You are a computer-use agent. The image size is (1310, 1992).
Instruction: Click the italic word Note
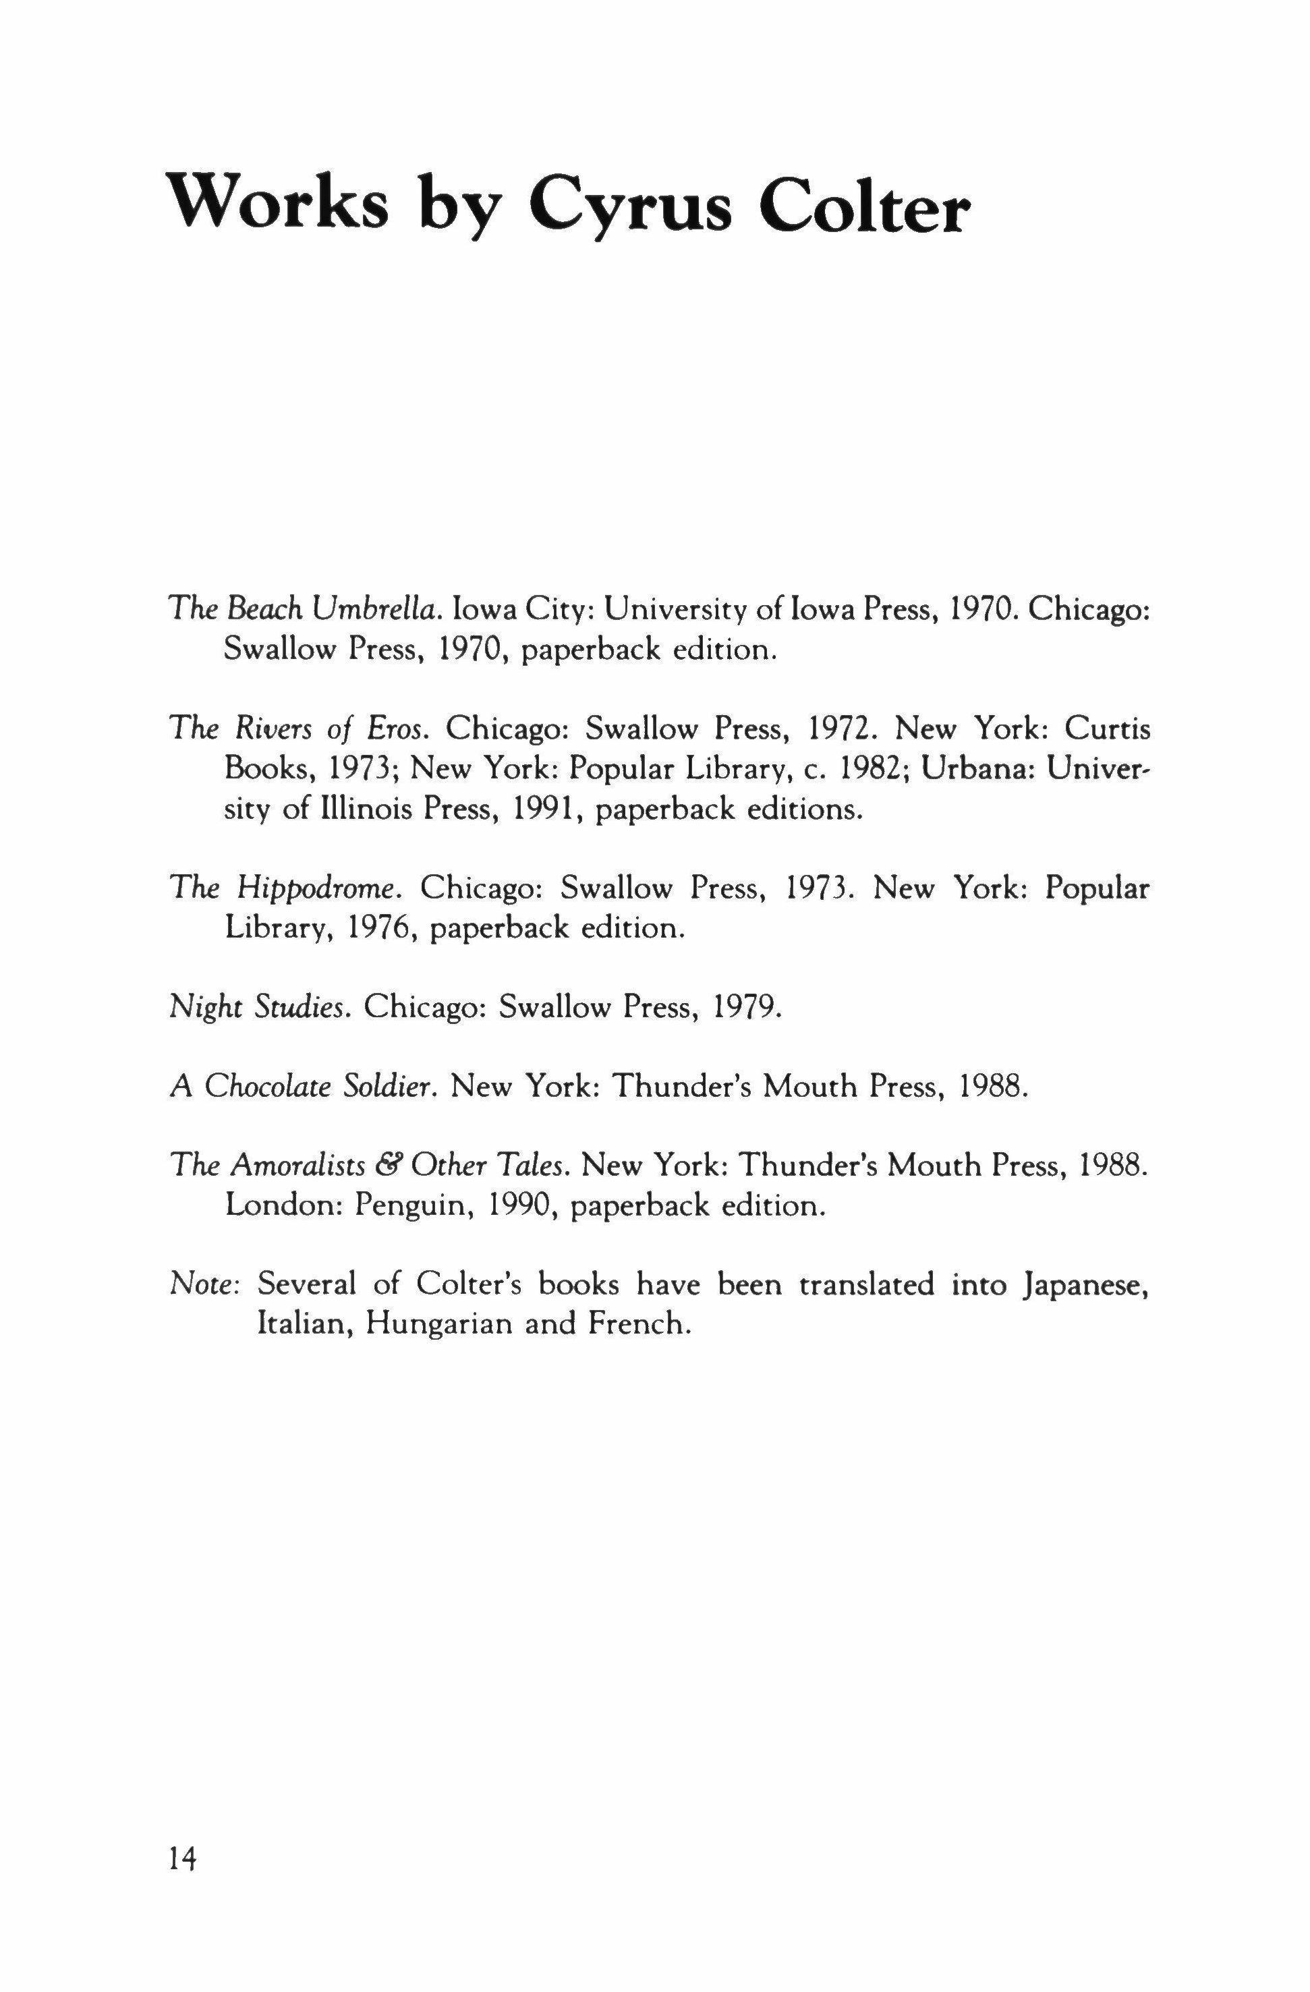point(205,1285)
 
